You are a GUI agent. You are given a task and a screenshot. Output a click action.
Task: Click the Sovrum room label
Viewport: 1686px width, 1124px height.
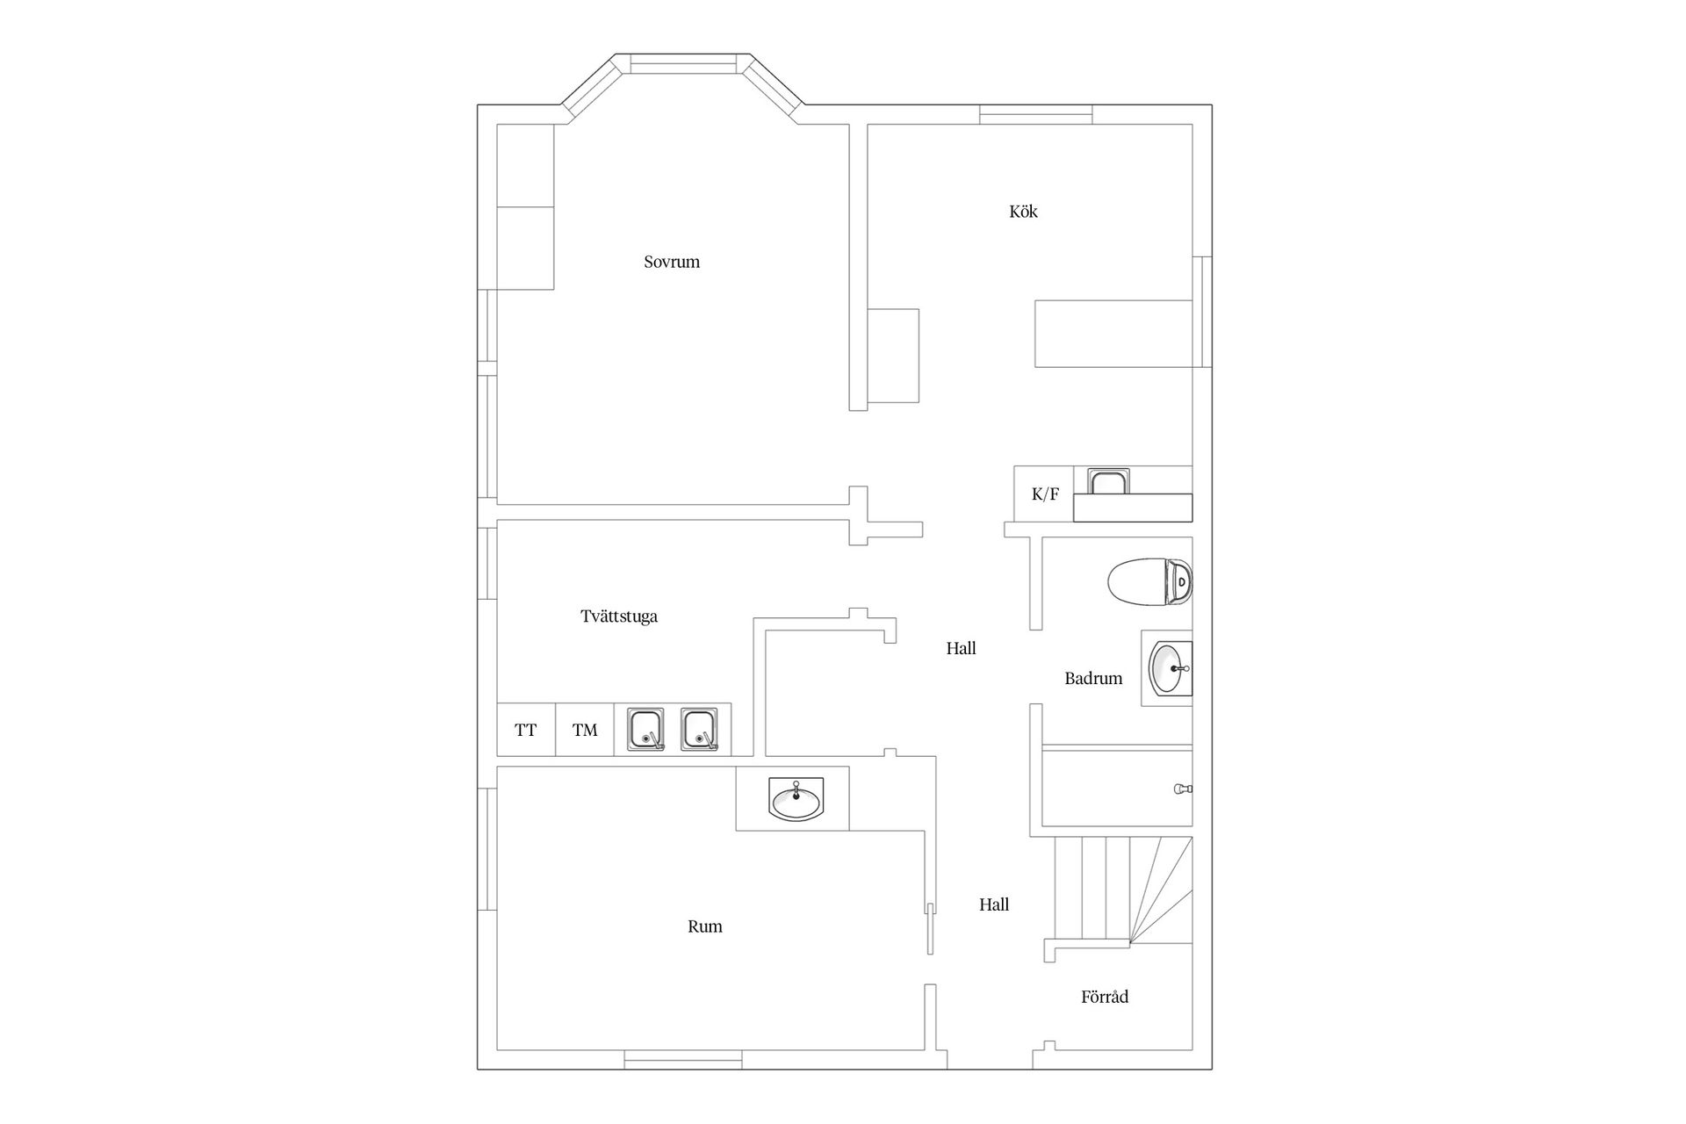coord(672,262)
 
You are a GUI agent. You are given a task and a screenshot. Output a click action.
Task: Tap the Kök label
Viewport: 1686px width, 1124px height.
coord(1024,212)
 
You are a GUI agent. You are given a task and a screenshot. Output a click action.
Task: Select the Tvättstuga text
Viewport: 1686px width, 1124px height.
coord(619,616)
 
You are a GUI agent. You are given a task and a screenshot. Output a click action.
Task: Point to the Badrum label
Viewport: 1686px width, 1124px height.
coord(1093,678)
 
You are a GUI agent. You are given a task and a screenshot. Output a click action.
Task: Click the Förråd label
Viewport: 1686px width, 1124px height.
coord(1105,997)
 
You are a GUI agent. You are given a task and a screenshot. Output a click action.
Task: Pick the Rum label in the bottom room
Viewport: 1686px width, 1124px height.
coord(705,926)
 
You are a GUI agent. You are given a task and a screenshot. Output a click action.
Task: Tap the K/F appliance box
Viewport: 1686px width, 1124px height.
coord(1044,494)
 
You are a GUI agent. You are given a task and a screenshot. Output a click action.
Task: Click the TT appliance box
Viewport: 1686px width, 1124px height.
coord(526,730)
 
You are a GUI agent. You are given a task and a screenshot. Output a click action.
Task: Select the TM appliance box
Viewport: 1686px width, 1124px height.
coord(585,730)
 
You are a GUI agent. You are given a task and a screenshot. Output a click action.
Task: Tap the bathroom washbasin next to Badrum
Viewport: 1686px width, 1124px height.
coord(1171,669)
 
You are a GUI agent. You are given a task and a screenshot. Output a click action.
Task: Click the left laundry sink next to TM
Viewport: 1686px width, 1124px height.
coord(646,730)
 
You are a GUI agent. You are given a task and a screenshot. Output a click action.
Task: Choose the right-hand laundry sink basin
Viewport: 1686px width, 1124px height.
coord(700,730)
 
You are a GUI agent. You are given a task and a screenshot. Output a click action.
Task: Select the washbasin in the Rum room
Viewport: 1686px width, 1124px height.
coord(796,799)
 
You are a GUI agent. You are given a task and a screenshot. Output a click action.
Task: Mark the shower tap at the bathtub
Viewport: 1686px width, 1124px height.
coord(1183,789)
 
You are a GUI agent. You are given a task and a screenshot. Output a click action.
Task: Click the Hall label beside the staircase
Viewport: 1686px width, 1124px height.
coord(994,905)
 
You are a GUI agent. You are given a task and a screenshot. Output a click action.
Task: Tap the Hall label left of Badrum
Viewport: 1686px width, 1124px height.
coord(962,649)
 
